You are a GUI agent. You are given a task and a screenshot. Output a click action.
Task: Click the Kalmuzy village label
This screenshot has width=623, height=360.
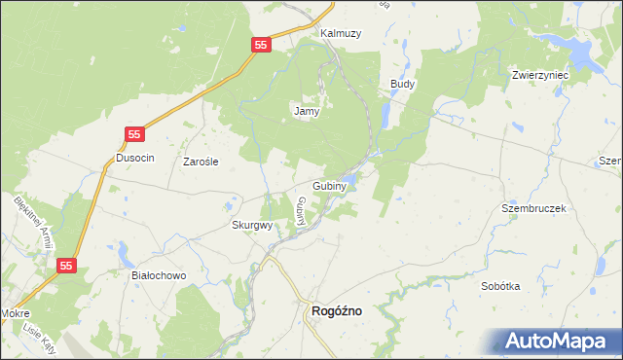point(341,33)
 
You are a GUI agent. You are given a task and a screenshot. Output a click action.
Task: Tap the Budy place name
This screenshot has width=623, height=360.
point(402,85)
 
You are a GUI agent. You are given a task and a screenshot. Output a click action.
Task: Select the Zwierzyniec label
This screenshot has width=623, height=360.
point(539,74)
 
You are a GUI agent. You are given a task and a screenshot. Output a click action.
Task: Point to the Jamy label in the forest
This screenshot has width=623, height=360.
point(307,111)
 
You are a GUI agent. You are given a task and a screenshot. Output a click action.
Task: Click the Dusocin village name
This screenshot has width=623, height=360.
point(135,158)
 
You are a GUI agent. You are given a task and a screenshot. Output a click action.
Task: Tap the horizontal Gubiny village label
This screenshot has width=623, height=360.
point(332,185)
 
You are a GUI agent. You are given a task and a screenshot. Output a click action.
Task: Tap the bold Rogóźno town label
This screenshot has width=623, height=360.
point(336,310)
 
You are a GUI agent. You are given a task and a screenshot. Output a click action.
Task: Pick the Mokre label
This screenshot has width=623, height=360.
point(15,314)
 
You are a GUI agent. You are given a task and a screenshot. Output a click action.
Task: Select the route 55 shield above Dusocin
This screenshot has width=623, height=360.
point(135,134)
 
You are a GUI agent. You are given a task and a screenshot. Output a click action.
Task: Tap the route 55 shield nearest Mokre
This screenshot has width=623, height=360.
point(66,265)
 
